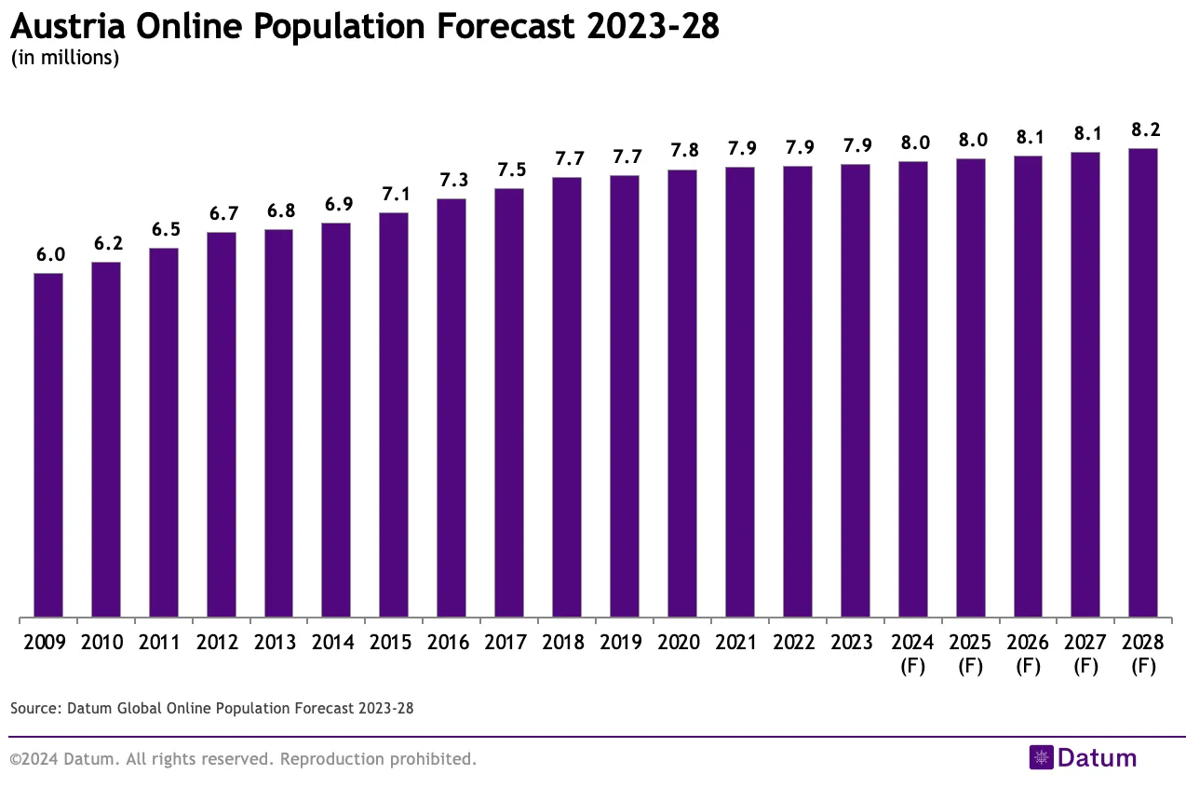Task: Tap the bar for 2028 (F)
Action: [1142, 383]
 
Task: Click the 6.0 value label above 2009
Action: [50, 255]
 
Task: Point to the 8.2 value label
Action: [1143, 130]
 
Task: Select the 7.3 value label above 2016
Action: [452, 181]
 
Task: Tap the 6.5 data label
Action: [165, 230]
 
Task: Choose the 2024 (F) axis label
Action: [912, 654]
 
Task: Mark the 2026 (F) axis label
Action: [1028, 654]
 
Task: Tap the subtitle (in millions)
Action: [64, 58]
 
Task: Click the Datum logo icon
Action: [1041, 757]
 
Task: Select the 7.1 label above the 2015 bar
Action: [395, 195]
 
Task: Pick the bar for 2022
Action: [798, 391]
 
